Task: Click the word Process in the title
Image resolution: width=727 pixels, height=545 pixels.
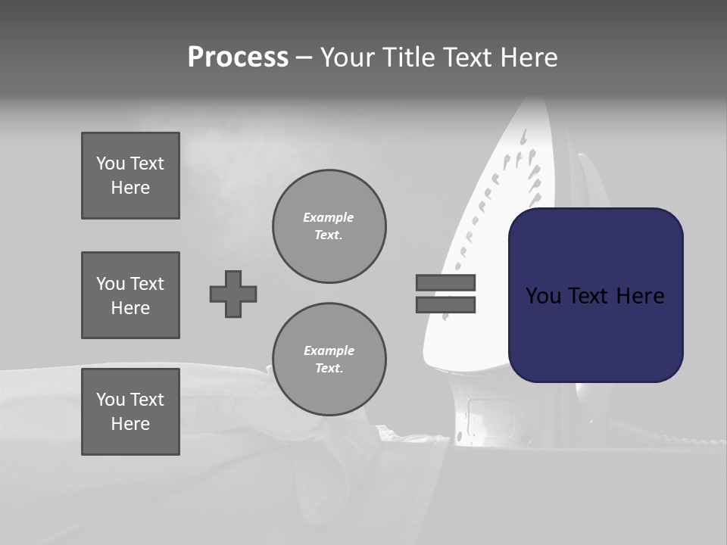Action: (x=238, y=58)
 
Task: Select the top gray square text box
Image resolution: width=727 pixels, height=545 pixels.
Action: (x=130, y=176)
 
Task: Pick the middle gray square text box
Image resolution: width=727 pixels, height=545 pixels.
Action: (x=130, y=295)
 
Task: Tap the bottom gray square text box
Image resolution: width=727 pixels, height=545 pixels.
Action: (x=130, y=412)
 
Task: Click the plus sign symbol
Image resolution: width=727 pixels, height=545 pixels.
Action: (x=233, y=294)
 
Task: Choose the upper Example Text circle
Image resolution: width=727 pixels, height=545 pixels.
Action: (x=329, y=226)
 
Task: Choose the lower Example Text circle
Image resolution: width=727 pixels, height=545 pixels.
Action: (x=329, y=360)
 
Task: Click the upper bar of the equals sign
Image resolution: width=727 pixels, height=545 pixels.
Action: (x=445, y=282)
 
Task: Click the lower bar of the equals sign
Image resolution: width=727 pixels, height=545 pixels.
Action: (x=445, y=304)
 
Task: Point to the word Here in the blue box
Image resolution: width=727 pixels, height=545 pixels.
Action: (x=639, y=296)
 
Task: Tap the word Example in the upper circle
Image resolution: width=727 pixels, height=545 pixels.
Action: (x=328, y=217)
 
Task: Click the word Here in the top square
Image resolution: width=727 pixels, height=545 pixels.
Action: (x=130, y=188)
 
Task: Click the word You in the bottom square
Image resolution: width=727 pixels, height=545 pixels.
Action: (x=109, y=400)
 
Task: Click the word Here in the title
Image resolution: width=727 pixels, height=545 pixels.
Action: (x=527, y=58)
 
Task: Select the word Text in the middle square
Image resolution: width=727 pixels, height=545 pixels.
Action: (x=146, y=284)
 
